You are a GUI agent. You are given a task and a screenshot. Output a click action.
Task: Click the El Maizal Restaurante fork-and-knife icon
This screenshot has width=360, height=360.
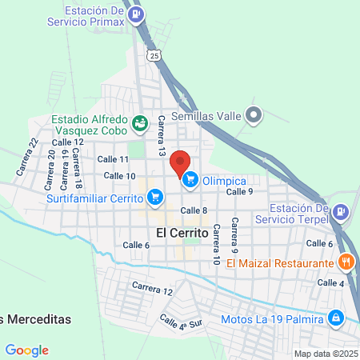(346, 262)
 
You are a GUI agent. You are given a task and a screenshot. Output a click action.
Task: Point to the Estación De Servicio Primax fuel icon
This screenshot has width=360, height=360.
(138, 14)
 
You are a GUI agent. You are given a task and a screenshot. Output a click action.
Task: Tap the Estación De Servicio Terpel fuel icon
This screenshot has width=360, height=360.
(341, 211)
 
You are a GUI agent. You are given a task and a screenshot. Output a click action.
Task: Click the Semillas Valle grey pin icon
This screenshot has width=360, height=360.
(254, 115)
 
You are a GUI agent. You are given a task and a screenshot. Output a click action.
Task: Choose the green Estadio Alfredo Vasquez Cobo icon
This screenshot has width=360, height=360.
(141, 122)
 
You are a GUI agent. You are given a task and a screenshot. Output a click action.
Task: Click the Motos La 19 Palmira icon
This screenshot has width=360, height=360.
(336, 318)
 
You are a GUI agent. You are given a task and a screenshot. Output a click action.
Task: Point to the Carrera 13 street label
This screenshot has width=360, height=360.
(162, 134)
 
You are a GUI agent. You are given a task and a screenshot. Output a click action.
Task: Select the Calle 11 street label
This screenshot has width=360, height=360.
(113, 160)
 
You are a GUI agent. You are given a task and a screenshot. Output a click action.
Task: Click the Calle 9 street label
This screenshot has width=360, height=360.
(239, 192)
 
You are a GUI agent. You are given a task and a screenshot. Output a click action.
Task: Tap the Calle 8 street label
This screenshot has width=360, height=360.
(194, 210)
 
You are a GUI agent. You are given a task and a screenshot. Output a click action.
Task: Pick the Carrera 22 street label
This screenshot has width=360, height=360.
(26, 157)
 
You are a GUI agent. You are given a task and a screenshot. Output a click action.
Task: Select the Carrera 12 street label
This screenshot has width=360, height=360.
(152, 288)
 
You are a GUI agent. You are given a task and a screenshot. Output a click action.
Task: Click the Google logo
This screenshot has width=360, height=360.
(26, 350)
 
